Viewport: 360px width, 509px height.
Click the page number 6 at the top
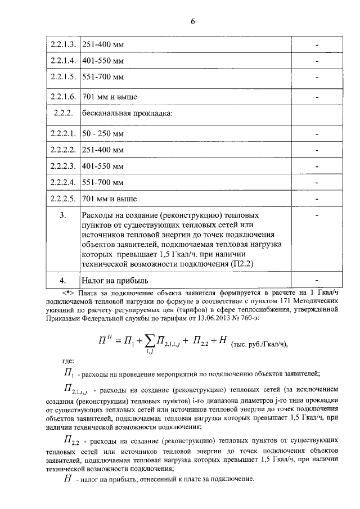[x=192, y=21]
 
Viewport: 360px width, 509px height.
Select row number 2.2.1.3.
[x=62, y=44]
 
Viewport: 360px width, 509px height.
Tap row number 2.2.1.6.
[x=62, y=97]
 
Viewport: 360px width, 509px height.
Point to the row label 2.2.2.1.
[x=62, y=134]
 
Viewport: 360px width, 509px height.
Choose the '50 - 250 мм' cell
[x=102, y=134]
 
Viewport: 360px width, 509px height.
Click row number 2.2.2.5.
[x=62, y=199]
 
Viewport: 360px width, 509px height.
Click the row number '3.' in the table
[x=63, y=215]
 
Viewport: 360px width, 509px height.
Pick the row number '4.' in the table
[x=63, y=280]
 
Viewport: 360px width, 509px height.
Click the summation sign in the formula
[x=150, y=339]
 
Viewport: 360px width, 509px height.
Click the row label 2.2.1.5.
[x=62, y=76]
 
